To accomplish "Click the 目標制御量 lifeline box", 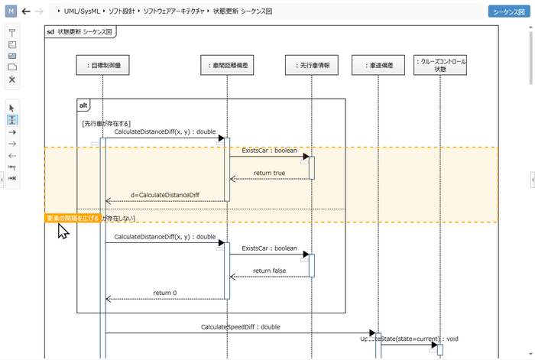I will [104, 66].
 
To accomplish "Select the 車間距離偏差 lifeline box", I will [227, 66].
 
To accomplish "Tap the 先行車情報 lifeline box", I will [312, 66].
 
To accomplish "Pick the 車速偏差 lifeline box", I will [378, 66].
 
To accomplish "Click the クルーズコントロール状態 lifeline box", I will [439, 65].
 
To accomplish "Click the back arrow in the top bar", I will [27, 11].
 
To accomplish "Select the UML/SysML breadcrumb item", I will [84, 12].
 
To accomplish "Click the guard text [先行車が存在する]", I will [106, 123].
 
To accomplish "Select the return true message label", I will [269, 173].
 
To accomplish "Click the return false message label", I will [269, 271].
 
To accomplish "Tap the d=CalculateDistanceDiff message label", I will [164, 195].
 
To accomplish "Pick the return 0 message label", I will [164, 293].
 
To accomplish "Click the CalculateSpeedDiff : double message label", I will [240, 326].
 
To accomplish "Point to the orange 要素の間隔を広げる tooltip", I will [73, 219].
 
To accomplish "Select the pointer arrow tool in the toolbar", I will [12, 108].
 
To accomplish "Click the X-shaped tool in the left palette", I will [12, 79].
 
